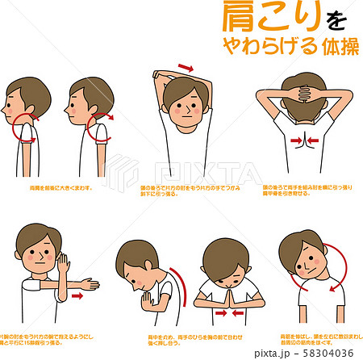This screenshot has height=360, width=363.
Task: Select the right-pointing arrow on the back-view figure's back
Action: click(295, 141)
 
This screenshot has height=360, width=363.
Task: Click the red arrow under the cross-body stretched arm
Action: click(77, 296)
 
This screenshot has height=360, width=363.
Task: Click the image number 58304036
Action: click(332, 352)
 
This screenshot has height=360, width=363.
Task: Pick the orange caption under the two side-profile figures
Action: click(60, 186)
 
